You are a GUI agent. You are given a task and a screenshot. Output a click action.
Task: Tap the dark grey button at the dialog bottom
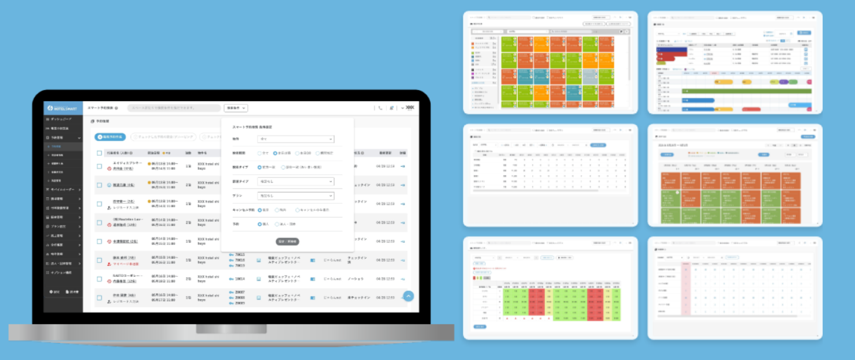tap(287, 241)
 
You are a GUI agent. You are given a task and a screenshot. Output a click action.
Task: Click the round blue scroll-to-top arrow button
tap(408, 296)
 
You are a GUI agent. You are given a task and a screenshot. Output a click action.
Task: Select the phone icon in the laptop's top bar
tap(380, 108)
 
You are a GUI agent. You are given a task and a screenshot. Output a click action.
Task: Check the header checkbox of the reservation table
tap(99, 153)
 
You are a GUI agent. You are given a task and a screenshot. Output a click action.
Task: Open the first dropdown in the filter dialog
tap(296, 139)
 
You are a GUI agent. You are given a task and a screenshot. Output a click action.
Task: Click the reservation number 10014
tap(240, 279)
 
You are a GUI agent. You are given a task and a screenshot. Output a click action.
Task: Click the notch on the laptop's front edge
tap(231, 330)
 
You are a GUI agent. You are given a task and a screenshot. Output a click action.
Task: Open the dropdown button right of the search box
tap(236, 108)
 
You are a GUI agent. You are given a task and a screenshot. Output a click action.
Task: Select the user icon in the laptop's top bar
tap(392, 108)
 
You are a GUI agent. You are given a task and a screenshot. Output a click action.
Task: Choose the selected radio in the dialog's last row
tap(260, 224)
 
